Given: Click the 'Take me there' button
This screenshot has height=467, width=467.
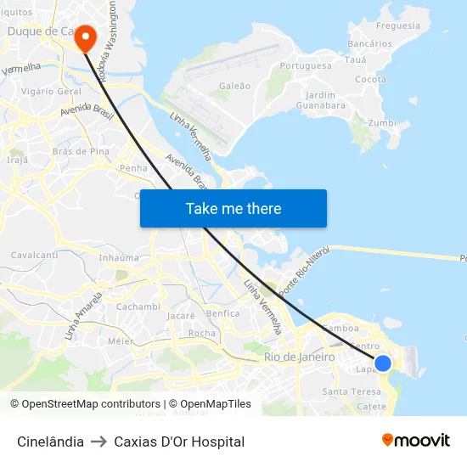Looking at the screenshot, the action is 233,208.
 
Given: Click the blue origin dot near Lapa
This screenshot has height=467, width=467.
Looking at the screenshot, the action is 383,363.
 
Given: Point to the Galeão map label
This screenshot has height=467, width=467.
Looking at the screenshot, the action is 234,86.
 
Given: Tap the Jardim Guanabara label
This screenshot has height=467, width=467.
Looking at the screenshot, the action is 320,100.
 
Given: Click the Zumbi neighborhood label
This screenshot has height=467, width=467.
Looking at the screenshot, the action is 382,122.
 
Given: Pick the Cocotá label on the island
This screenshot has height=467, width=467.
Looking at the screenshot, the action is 370,79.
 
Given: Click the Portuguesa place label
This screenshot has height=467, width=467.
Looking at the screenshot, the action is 306,65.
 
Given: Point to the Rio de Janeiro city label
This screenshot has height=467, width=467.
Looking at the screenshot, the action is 299,357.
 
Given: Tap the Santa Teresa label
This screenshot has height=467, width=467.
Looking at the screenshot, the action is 352,391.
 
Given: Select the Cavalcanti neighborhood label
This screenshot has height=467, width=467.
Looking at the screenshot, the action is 34,255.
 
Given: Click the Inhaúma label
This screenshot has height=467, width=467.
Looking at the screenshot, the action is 119,257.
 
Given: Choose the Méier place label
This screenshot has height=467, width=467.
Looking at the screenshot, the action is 121,340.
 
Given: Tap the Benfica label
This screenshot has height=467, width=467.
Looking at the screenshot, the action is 222,313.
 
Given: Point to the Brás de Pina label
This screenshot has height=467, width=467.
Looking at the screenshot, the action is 81,151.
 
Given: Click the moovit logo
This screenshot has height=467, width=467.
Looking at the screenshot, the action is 415,440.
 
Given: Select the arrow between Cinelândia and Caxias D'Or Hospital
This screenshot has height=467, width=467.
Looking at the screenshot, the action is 98,442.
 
